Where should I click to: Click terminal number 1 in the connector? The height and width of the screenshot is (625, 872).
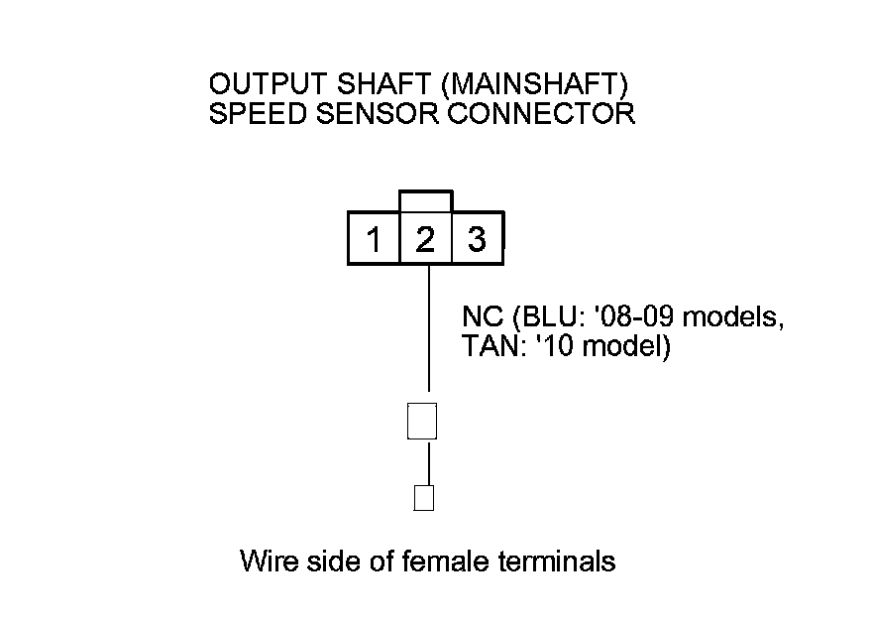pos(374,240)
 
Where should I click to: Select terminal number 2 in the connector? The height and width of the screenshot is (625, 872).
pos(425,240)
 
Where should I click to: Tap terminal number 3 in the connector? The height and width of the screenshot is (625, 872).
pos(477,240)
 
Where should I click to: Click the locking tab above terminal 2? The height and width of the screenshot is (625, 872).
pos(425,200)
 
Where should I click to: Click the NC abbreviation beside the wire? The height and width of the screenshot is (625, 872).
pos(482,318)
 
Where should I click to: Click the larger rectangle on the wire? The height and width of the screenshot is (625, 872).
pos(423,420)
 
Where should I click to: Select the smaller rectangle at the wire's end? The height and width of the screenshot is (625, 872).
pos(423,497)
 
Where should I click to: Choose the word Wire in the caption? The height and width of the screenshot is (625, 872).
pos(267,562)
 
